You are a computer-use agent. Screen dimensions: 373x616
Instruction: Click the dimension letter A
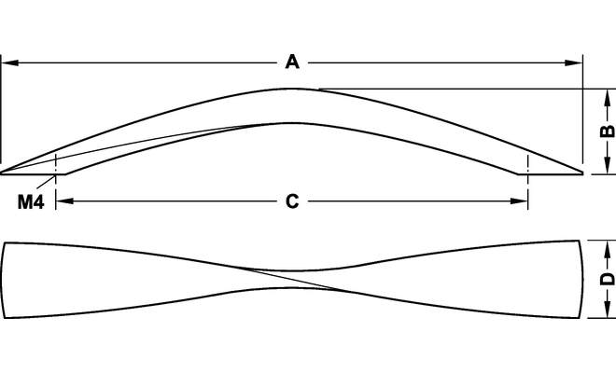(x=291, y=62)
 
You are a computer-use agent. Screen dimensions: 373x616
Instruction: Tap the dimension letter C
(x=291, y=201)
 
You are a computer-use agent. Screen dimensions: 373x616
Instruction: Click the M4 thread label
(x=31, y=201)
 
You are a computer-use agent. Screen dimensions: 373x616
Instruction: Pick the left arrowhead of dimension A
(x=7, y=63)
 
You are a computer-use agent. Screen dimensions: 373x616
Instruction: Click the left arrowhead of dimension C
(x=63, y=201)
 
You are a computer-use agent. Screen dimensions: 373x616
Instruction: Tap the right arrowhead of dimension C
(x=521, y=201)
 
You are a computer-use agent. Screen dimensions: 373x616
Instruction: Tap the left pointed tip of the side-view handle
(x=4, y=172)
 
